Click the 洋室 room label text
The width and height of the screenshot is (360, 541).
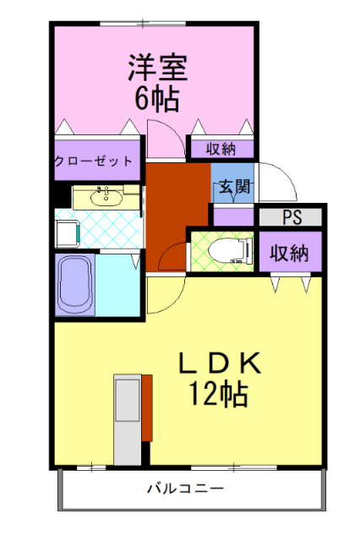pyautogui.click(x=157, y=66)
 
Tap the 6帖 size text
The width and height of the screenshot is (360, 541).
pyautogui.click(x=157, y=98)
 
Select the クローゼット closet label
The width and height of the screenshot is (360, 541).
pyautogui.click(x=94, y=160)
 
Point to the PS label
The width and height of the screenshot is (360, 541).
pyautogui.click(x=292, y=217)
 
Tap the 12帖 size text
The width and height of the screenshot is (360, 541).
pyautogui.click(x=219, y=392)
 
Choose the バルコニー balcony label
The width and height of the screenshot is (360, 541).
pyautogui.click(x=184, y=489)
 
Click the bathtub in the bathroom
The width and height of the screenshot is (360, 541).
pyautogui.click(x=74, y=284)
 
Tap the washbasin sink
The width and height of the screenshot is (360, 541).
pyautogui.click(x=106, y=198)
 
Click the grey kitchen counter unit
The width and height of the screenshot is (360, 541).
pyautogui.click(x=128, y=418)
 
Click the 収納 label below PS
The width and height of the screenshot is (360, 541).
pyautogui.click(x=289, y=253)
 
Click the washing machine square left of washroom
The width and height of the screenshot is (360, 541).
pyautogui.click(x=66, y=232)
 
